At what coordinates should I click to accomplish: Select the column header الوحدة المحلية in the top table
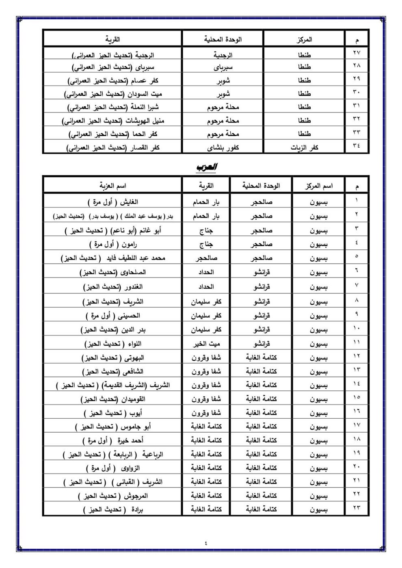[223, 39]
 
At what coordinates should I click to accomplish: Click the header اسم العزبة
[113, 186]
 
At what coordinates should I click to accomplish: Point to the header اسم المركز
[318, 186]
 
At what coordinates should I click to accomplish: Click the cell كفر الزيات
[304, 148]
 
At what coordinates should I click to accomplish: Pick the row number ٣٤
[357, 146]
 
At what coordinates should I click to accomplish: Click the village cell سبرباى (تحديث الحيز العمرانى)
[113, 67]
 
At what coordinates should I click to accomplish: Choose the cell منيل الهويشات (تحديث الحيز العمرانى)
[113, 120]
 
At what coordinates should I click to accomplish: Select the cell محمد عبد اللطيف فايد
[113, 258]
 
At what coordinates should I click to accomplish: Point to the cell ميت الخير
[206, 344]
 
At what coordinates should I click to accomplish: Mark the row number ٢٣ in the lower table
[357, 508]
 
